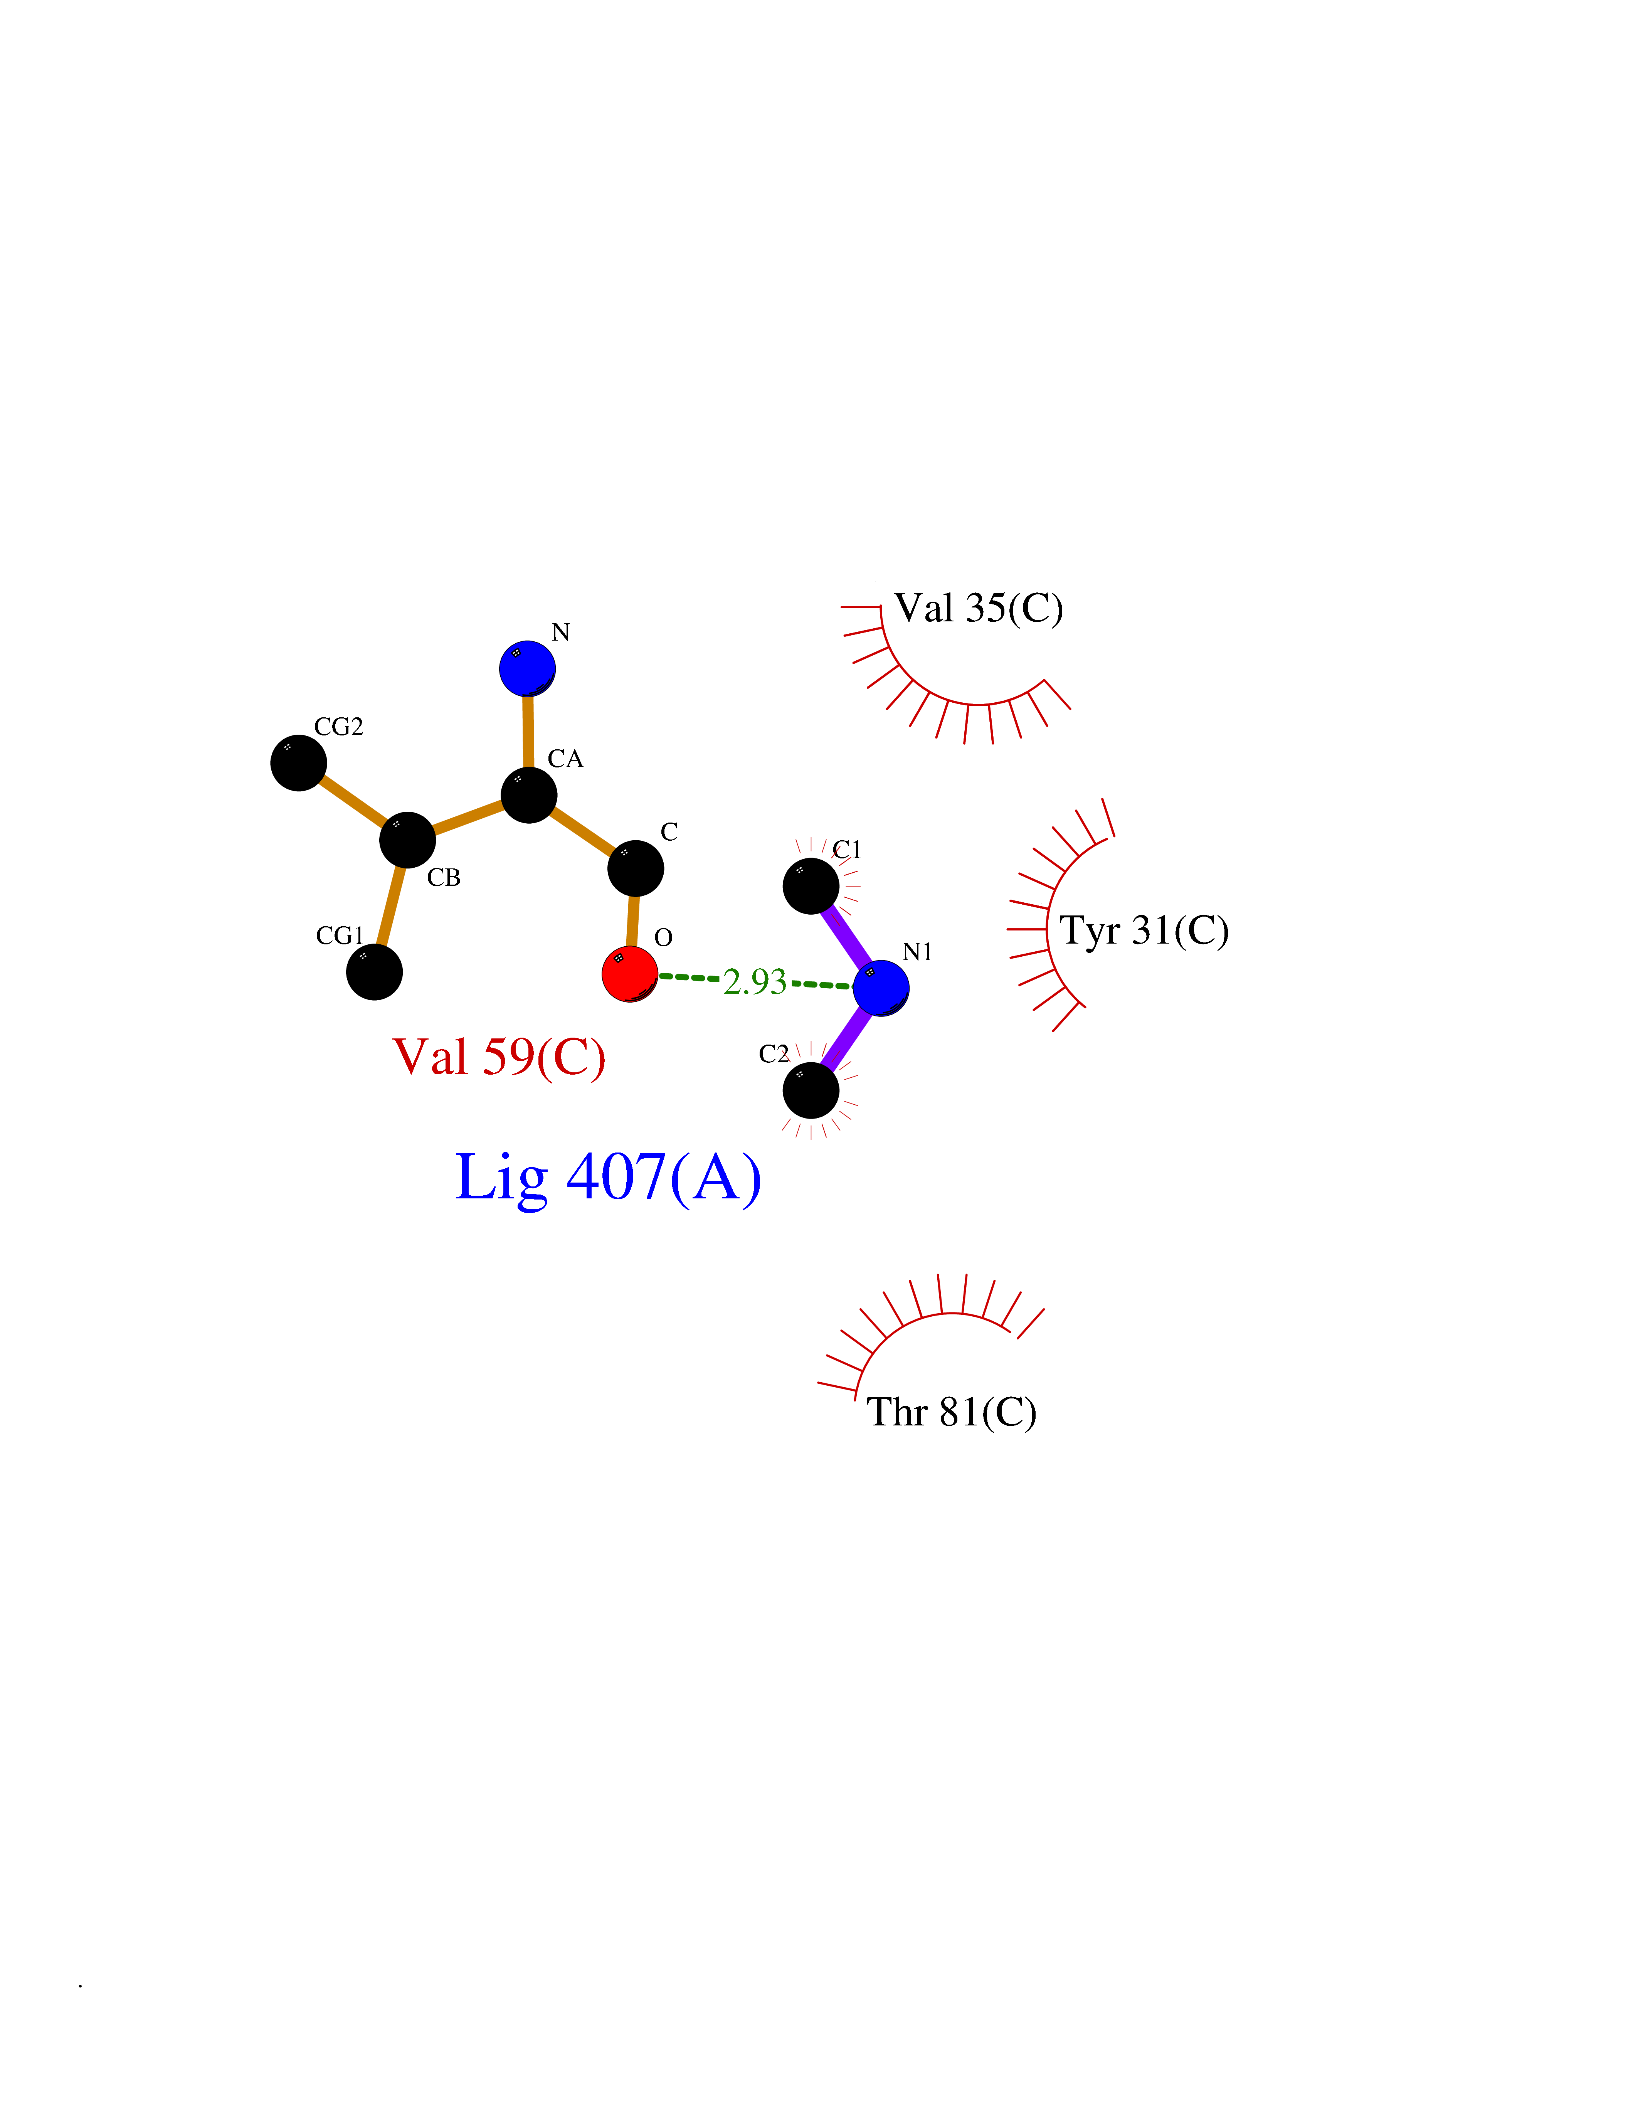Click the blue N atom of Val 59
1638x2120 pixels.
[x=527, y=668]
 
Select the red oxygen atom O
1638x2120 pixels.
[x=630, y=974]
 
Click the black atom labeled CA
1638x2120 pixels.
[x=529, y=795]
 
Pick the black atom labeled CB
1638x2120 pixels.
[x=407, y=840]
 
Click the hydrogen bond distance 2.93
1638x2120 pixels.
[x=755, y=981]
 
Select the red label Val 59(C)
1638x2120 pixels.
[x=499, y=1057]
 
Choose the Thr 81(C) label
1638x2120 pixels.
[x=951, y=1412]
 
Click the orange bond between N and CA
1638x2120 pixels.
[x=528, y=731]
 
